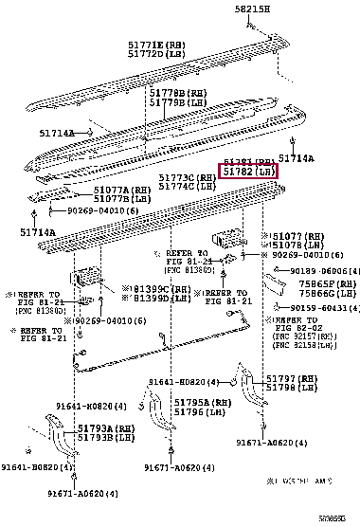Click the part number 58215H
(x=253, y=9)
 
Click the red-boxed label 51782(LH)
(x=249, y=172)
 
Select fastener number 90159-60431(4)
(x=316, y=307)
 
